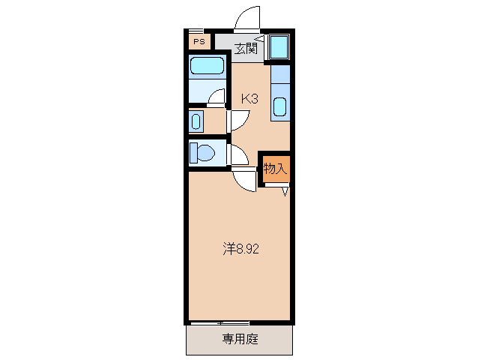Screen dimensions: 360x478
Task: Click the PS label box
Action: (199, 42)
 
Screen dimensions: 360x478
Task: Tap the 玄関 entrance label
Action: (246, 49)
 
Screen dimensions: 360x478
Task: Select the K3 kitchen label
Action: (249, 98)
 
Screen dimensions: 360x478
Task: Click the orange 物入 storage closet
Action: (275, 169)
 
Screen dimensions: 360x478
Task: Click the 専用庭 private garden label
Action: (240, 339)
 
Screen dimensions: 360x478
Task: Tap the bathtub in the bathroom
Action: (208, 66)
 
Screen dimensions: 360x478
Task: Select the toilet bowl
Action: (205, 154)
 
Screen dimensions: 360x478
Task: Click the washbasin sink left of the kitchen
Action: (196, 121)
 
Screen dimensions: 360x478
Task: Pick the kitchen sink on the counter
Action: (279, 106)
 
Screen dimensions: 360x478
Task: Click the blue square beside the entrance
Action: (279, 47)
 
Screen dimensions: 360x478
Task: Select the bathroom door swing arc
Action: (217, 96)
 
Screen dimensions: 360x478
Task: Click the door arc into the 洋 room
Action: (245, 181)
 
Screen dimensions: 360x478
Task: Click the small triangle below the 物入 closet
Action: (285, 191)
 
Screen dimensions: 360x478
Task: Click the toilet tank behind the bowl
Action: (193, 153)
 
